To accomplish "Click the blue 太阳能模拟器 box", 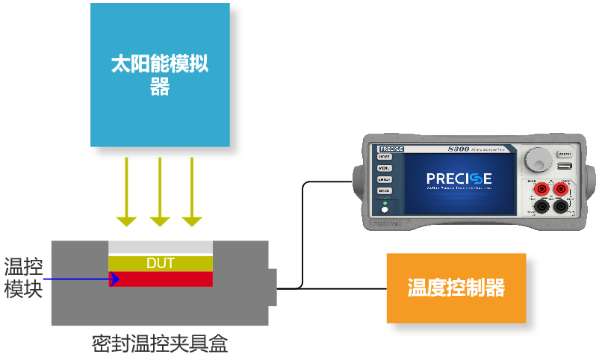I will (x=160, y=75).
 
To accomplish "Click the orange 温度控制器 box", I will (x=456, y=288).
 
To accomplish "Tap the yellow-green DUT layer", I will (x=161, y=263).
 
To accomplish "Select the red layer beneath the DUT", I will (x=161, y=279).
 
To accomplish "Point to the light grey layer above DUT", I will (x=161, y=248).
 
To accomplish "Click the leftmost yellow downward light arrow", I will (x=127, y=191).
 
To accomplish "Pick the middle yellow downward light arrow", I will (x=160, y=191).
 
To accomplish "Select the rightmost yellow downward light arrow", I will (x=193, y=191).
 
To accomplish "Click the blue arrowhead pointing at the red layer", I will (x=114, y=279).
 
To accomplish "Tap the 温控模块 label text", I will (x=24, y=278).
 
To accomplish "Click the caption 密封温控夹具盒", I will (x=159, y=344).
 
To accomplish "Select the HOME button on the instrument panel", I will (x=384, y=157).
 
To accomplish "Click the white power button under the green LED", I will (x=385, y=211).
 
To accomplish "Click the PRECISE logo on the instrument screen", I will (x=459, y=179).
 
